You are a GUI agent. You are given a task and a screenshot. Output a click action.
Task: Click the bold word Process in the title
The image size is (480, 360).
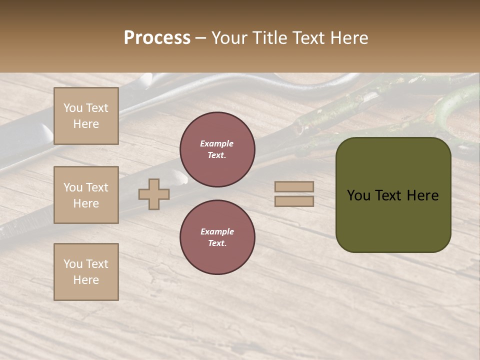click(x=157, y=38)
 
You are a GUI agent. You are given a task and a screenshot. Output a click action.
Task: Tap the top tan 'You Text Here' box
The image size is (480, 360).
click(x=86, y=116)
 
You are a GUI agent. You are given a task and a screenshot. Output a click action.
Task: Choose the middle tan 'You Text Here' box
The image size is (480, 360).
click(x=86, y=195)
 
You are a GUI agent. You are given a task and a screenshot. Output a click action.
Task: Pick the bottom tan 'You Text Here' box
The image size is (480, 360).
click(x=86, y=272)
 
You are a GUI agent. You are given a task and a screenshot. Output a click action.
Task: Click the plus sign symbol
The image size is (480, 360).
click(x=154, y=194)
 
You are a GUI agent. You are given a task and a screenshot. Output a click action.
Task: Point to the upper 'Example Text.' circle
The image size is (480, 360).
click(x=217, y=149)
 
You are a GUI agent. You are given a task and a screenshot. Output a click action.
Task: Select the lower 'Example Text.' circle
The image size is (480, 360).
click(x=217, y=237)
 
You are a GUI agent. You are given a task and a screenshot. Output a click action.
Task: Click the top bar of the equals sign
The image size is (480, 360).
click(x=294, y=187)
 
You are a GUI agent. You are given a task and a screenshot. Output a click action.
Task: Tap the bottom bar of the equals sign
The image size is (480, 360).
click(x=294, y=201)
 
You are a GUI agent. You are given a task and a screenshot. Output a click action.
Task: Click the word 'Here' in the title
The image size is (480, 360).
click(x=349, y=38)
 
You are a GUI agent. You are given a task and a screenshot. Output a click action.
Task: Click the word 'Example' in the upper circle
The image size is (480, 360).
click(x=216, y=143)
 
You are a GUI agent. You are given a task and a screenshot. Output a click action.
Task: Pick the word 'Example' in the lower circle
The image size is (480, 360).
click(x=217, y=231)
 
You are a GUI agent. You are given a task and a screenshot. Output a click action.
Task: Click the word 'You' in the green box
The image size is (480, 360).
click(x=359, y=195)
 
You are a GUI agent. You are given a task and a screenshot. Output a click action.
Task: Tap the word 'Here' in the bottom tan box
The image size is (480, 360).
click(x=86, y=280)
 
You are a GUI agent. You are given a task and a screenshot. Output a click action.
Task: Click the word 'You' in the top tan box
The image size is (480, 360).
click(x=73, y=108)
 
